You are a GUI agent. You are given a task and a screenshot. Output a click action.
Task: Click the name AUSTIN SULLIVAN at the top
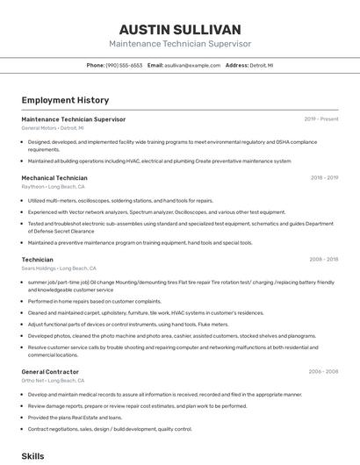[x=180, y=29]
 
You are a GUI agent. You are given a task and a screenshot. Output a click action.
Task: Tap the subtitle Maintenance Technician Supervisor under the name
[x=180, y=43]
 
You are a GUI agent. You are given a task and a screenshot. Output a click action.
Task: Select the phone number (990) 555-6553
[x=124, y=65]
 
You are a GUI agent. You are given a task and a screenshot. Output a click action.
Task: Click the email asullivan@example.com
[x=192, y=65]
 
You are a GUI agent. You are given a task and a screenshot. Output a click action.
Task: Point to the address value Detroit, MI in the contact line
[x=261, y=65]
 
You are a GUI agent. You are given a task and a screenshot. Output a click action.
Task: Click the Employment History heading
[x=65, y=100]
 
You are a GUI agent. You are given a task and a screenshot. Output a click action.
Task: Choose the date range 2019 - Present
[x=321, y=118]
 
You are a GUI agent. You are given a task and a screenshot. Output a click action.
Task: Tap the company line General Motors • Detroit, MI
[x=53, y=128]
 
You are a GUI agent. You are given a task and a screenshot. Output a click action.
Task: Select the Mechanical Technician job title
[x=54, y=177]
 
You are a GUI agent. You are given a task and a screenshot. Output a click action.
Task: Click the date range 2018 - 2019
[x=324, y=177]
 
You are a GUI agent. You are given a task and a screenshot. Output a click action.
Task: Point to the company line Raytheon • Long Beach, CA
[x=53, y=187]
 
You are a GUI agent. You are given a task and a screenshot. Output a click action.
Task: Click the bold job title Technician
[x=37, y=260]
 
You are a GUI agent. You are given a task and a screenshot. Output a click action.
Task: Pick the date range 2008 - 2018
[x=324, y=260]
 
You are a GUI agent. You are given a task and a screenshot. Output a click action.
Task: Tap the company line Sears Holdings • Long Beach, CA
[x=58, y=268]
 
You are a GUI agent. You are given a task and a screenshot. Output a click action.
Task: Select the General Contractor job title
[x=51, y=372]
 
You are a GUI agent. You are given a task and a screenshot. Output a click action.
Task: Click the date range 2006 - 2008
[x=323, y=372]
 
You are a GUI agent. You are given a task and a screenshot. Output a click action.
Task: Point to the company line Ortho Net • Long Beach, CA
[x=54, y=381]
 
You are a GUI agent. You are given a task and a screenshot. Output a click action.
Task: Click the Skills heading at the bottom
[x=32, y=457]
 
